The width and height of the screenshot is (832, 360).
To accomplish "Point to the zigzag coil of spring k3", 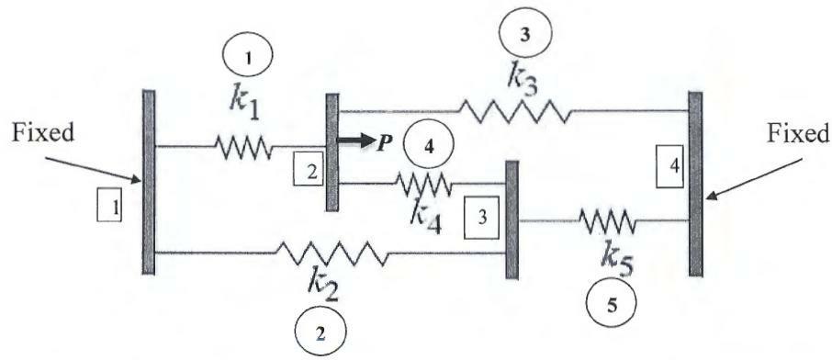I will click(513, 112).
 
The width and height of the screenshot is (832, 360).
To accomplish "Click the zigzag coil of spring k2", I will click(332, 252).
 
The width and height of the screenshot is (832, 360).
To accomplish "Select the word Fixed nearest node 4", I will click(795, 134).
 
